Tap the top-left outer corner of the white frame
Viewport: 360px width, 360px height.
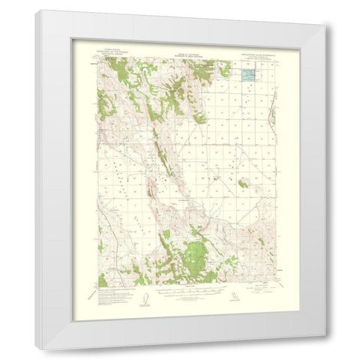coord(34,10)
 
